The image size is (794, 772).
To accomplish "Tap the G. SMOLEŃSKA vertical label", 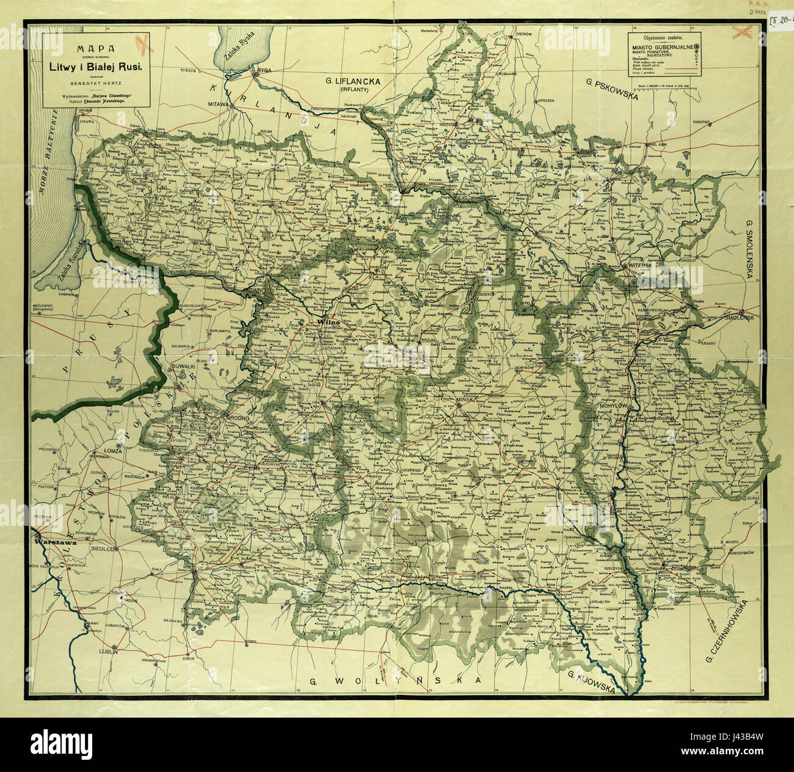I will tap(749, 250).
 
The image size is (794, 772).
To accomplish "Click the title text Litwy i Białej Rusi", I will tap(96, 68).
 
